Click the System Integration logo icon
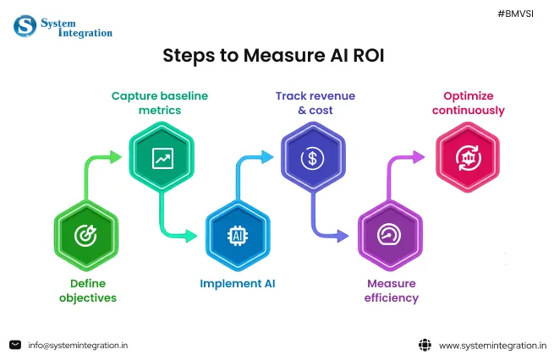(25, 25)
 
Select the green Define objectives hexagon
(85, 235)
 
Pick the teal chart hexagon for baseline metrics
(161, 157)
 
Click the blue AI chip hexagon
(237, 235)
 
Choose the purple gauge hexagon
(389, 235)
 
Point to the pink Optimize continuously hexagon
(466, 157)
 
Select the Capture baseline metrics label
(158, 103)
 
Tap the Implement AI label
(238, 284)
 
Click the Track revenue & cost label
(304, 103)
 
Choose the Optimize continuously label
(468, 103)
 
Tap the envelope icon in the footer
(15, 345)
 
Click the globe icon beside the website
(425, 345)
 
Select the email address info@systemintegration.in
(78, 345)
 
